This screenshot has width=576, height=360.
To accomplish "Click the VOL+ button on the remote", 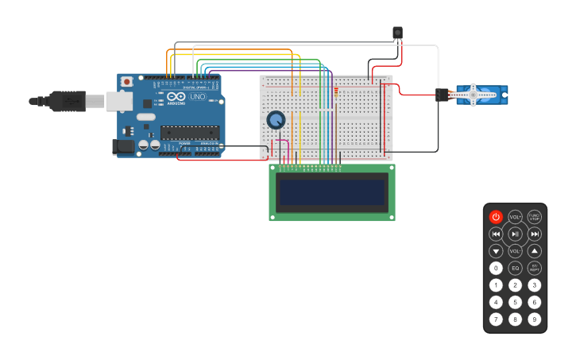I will [x=515, y=217].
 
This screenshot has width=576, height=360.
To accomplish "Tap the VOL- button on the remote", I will [x=515, y=251].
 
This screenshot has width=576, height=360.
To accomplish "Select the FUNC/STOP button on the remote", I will [x=535, y=217].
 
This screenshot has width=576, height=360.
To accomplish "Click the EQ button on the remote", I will [x=515, y=269].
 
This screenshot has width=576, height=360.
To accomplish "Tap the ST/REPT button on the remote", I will [x=535, y=269].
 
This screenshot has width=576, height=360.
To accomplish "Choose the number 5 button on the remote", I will [x=515, y=302].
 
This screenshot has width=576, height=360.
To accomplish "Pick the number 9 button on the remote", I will [x=535, y=319].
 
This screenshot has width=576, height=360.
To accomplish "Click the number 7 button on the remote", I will [x=496, y=319].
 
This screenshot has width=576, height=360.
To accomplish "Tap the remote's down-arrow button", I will [x=496, y=251].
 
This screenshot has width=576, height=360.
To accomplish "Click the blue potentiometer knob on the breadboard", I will [x=276, y=120].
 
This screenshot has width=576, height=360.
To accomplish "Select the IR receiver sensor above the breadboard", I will [x=397, y=33].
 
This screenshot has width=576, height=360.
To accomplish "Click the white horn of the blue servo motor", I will [x=475, y=95].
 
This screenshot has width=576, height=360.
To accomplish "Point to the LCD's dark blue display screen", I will [x=331, y=192].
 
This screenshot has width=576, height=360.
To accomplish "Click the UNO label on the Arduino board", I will [x=197, y=97].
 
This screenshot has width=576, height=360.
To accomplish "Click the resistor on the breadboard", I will [x=336, y=91].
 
